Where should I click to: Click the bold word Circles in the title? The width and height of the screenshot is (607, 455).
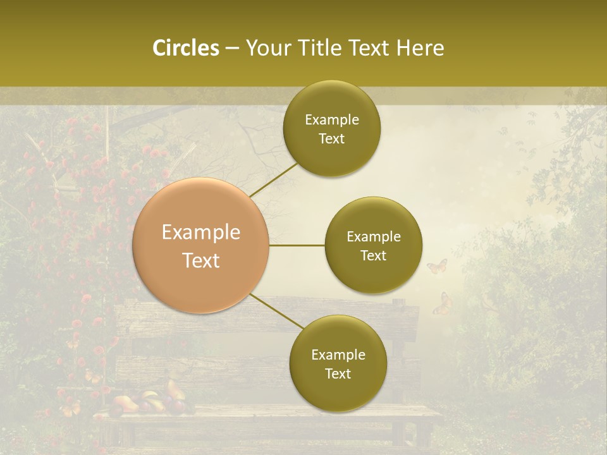click(x=185, y=48)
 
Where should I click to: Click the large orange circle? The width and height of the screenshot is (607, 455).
click(x=201, y=245)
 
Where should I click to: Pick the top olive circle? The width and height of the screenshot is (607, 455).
click(x=331, y=128)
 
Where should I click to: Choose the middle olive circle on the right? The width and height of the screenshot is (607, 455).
click(x=373, y=245)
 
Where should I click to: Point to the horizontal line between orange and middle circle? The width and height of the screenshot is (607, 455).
click(x=297, y=245)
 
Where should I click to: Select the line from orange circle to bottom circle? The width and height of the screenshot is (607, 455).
click(x=277, y=311)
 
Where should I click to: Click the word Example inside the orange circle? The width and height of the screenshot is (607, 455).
click(x=201, y=233)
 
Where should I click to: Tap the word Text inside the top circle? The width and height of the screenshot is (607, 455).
click(x=331, y=138)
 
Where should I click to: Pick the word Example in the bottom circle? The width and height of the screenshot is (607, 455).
click(x=338, y=355)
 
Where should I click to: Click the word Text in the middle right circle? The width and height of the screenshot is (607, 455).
click(x=373, y=255)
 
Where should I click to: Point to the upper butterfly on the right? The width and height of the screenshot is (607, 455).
click(x=437, y=266)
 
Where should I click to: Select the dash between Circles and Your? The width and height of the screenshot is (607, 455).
click(x=232, y=48)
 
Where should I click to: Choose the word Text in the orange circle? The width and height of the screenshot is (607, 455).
click(x=201, y=260)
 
